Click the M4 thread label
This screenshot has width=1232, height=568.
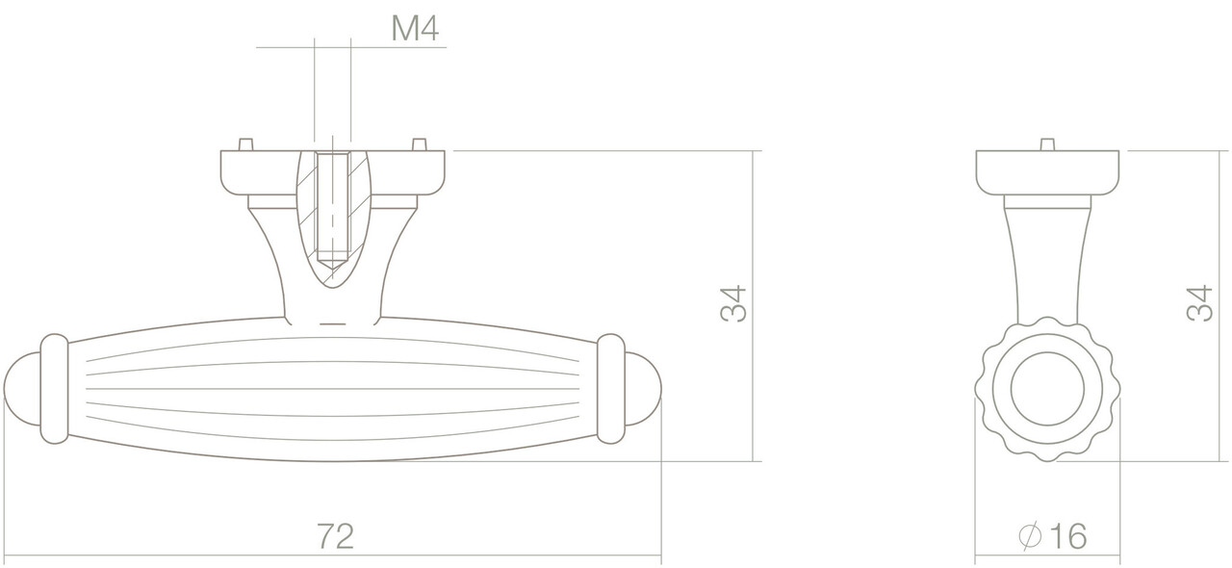point(415,30)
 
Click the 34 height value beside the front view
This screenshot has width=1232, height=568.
point(732,304)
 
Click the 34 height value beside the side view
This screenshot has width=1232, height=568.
point(1199,304)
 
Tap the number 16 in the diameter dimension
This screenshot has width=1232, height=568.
point(1066,536)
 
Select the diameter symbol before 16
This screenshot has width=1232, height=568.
point(1027,536)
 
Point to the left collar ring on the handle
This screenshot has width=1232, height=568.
point(53,389)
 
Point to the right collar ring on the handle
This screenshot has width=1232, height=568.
point(611,389)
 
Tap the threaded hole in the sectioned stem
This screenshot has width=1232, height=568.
point(332,207)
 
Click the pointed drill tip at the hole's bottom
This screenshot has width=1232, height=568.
point(332,261)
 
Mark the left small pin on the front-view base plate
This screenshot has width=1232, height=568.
point(245,144)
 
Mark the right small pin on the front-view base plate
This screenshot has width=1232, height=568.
point(419,144)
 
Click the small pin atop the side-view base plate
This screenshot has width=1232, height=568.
point(1047,144)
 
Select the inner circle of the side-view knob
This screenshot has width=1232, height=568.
point(1047,390)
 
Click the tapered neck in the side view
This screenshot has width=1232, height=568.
point(1047,260)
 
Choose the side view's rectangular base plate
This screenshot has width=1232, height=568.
point(1047,171)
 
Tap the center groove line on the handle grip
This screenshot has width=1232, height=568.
point(332,389)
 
